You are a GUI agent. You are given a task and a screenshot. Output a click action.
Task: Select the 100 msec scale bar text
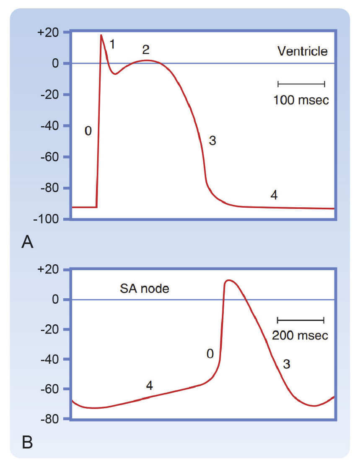pyautogui.click(x=301, y=100)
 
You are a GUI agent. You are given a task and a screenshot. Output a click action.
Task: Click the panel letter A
pyautogui.click(x=27, y=242)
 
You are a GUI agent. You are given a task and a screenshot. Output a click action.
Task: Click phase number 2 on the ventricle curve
pyautogui.click(x=145, y=50)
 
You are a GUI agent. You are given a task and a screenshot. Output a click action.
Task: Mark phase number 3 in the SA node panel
pyautogui.click(x=287, y=364)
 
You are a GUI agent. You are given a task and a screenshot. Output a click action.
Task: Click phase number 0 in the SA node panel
pyautogui.click(x=210, y=354)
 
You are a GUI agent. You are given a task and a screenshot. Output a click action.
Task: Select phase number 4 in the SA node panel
pyautogui.click(x=149, y=385)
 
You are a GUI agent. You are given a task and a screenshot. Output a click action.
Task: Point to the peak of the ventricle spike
pyautogui.click(x=101, y=35)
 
